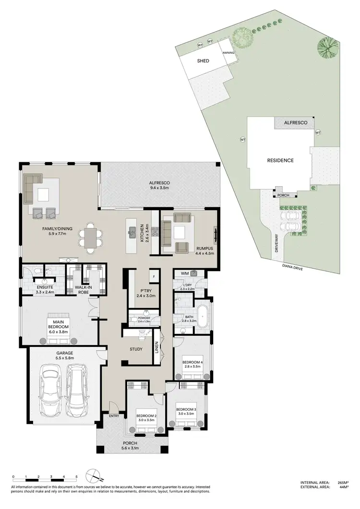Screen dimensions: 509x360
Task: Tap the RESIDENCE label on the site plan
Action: click(280, 161)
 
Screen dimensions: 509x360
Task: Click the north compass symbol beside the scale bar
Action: click(92, 477)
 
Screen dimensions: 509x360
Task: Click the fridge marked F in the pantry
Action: click(154, 277)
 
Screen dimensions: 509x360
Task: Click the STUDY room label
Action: click(136, 349)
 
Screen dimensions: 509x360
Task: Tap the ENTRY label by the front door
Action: click(114, 416)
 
